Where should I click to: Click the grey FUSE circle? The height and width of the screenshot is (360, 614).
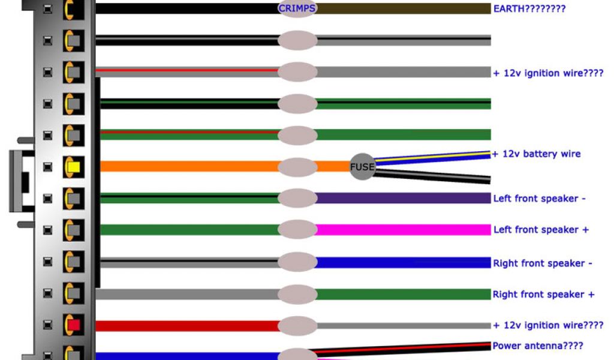[362, 166]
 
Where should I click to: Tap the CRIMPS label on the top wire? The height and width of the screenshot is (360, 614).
[297, 8]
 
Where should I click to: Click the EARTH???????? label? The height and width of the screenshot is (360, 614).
[529, 8]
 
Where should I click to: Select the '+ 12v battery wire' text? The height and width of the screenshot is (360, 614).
[536, 154]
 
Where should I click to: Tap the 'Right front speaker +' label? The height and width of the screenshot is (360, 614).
[544, 294]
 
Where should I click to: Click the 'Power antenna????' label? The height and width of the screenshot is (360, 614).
[537, 346]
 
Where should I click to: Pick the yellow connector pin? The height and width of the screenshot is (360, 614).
[74, 166]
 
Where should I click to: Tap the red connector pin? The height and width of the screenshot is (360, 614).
[74, 325]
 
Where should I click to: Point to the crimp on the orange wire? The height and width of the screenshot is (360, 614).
[297, 166]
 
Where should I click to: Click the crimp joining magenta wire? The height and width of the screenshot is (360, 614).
[297, 229]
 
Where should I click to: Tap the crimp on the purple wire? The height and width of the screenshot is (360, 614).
[297, 198]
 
